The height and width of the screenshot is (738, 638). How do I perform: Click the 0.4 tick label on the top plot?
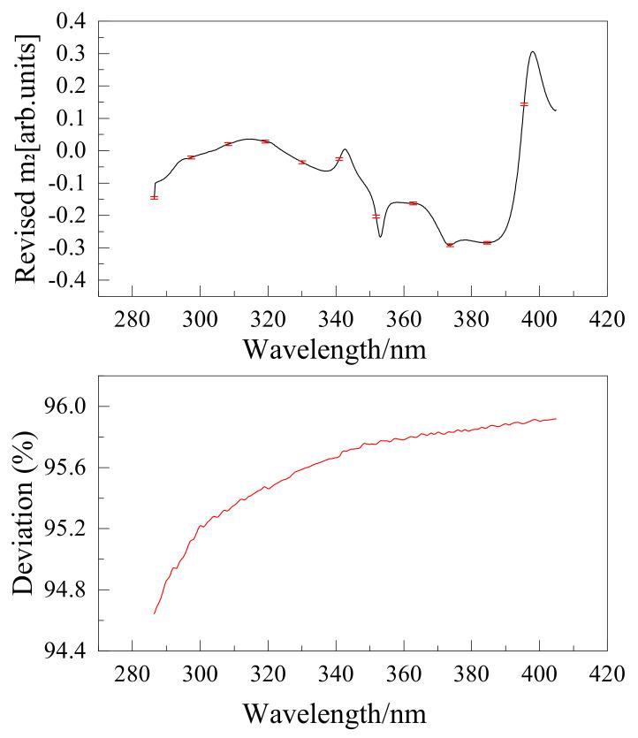click(x=71, y=21)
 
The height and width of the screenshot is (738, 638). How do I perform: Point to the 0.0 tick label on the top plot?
click(x=71, y=150)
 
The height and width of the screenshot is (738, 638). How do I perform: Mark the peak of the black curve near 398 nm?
click(x=533, y=51)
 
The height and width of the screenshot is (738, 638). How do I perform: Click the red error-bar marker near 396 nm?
click(x=524, y=104)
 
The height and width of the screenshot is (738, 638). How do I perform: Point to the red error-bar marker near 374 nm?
click(x=450, y=245)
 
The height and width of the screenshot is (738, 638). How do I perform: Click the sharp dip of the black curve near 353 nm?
click(x=380, y=236)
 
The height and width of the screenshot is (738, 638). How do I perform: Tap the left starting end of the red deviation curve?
click(x=155, y=612)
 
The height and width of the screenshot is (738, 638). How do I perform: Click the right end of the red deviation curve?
click(x=555, y=419)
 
